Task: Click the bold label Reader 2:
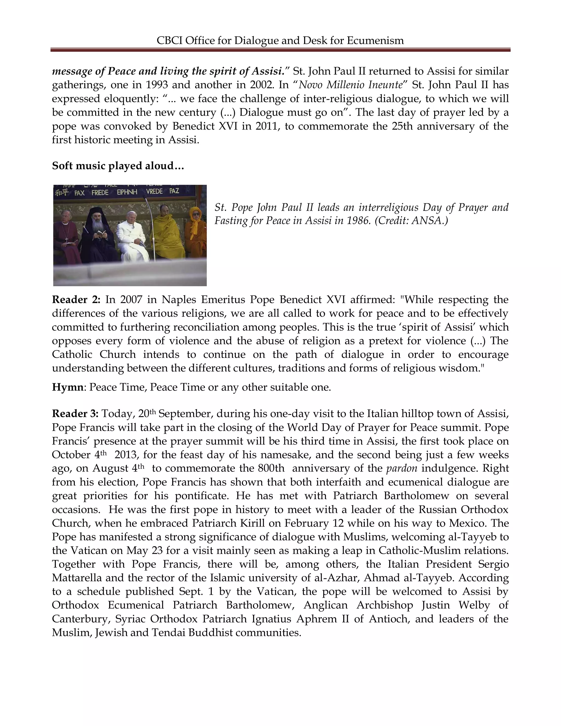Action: (76, 299)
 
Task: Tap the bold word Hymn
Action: (67, 387)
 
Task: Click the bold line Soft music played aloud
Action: (118, 165)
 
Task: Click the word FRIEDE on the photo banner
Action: (100, 192)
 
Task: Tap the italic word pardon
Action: (402, 468)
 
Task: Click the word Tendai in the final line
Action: (168, 633)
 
